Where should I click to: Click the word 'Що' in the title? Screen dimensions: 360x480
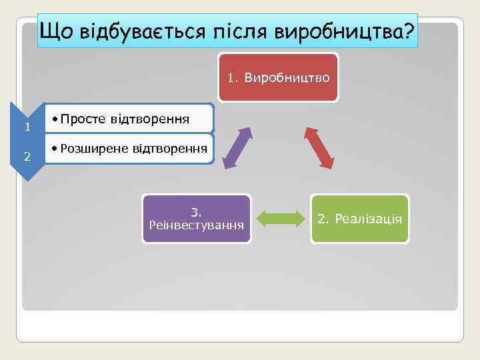[57, 31]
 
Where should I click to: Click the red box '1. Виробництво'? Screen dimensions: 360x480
[279, 78]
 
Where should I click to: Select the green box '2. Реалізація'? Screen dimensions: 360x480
[360, 219]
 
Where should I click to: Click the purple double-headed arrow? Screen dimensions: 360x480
[237, 147]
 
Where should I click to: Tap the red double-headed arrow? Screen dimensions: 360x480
[319, 147]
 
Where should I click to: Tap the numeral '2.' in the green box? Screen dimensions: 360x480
[323, 219]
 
